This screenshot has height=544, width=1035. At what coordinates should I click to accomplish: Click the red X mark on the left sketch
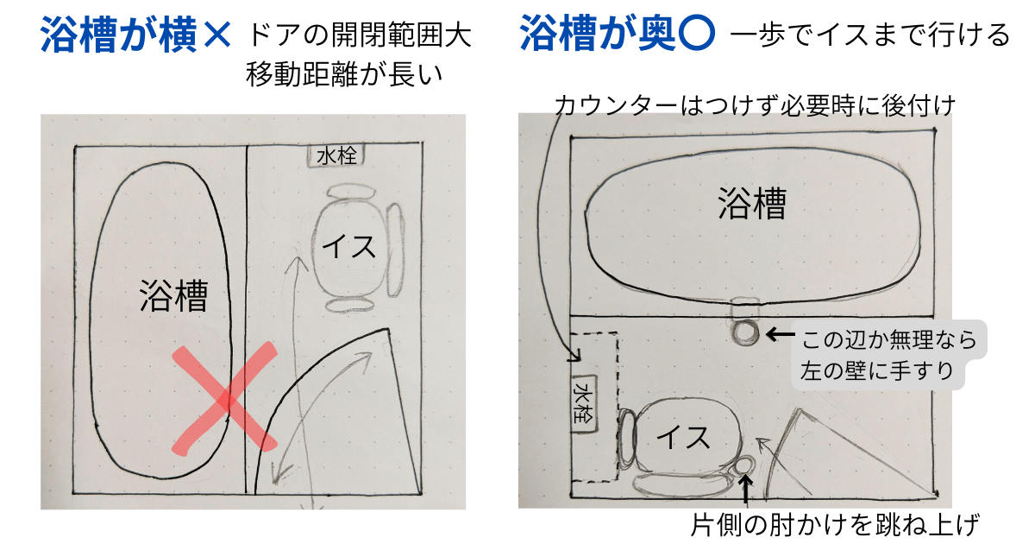tap(225, 400)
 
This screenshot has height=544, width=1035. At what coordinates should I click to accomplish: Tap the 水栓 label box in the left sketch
tap(336, 156)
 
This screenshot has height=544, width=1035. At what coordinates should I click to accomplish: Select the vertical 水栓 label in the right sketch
tap(584, 403)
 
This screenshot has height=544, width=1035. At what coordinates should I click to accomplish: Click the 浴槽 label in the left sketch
tap(173, 295)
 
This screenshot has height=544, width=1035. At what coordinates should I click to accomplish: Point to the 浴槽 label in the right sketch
tap(752, 203)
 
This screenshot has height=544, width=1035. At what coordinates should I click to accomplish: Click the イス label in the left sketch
tap(348, 247)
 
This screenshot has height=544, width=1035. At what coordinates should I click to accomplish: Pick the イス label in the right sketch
tap(683, 437)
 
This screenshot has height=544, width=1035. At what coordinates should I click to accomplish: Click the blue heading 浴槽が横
tap(119, 35)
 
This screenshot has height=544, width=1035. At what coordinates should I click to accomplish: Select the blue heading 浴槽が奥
tap(598, 33)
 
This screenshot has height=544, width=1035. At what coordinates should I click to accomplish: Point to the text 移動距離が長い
tap(344, 74)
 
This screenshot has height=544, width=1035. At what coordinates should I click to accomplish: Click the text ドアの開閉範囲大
tap(360, 35)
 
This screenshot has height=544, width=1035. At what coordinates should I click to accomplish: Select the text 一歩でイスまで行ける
tap(870, 35)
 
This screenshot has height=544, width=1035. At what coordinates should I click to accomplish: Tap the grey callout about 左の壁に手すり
tap(888, 355)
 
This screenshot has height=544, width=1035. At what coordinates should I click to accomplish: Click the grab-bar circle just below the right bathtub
tap(745, 332)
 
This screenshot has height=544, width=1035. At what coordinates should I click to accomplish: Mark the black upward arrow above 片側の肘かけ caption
tap(745, 490)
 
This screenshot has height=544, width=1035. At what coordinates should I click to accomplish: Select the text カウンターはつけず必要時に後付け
tap(755, 105)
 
